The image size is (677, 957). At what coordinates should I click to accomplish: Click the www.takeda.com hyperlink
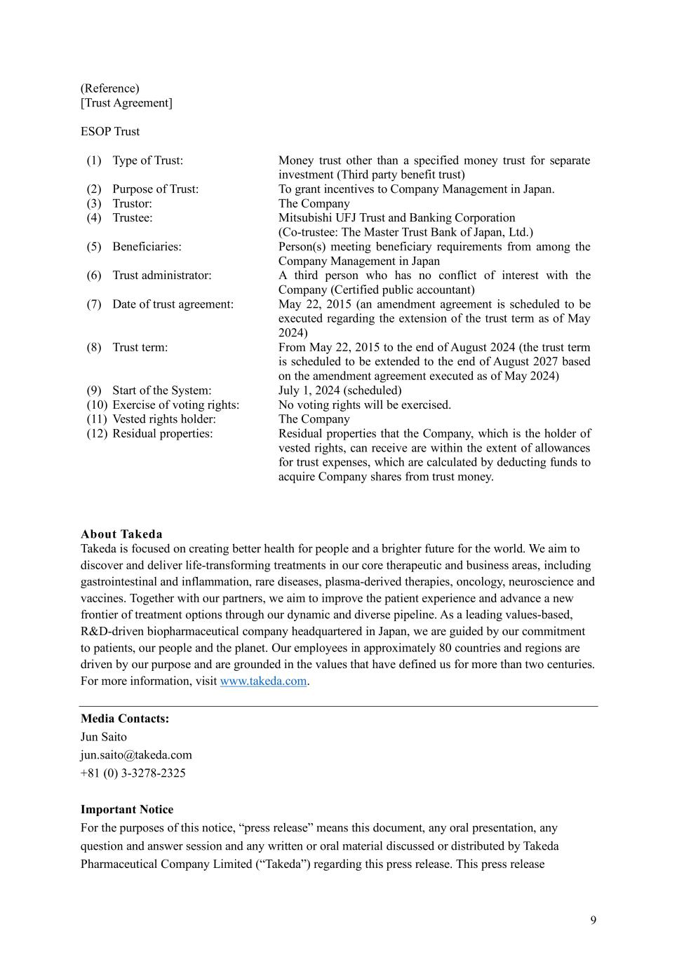point(263,681)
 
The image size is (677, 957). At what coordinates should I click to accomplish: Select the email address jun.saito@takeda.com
point(136,755)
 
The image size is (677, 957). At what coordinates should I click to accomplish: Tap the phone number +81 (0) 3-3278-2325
point(133,773)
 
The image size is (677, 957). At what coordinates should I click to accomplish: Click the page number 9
point(594,921)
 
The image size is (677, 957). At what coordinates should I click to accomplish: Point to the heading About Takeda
point(121,534)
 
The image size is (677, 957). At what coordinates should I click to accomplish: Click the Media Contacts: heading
point(125,719)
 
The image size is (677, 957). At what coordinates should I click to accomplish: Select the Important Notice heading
point(127,810)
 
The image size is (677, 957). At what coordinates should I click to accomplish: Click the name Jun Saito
point(104,737)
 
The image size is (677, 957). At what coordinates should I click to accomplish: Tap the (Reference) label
point(110,88)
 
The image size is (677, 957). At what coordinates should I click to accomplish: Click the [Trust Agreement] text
point(126,103)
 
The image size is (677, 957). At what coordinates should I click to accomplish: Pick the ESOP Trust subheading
point(110,132)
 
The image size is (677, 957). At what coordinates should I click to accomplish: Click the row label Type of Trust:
point(147,161)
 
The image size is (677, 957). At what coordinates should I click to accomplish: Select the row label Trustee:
point(132,218)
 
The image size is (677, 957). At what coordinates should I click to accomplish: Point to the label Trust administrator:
point(161,276)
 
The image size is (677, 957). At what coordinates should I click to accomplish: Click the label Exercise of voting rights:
point(175,405)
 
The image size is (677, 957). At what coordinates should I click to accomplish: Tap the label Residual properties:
point(162,434)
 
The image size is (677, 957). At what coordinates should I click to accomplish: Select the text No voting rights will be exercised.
point(365,405)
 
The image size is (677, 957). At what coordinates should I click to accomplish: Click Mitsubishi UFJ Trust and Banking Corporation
point(396,218)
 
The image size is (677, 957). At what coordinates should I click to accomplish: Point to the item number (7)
point(94,304)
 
